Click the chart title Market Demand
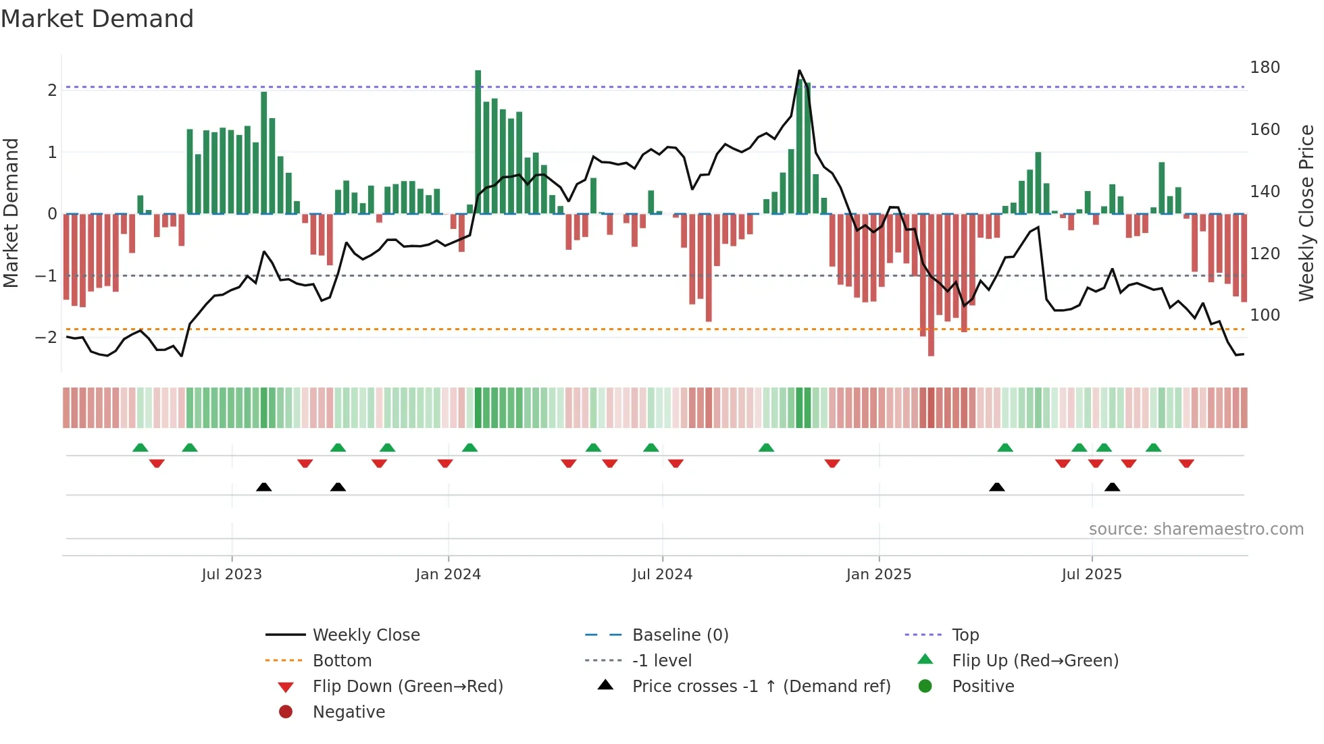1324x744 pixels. [x=97, y=19]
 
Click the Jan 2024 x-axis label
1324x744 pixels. [x=448, y=575]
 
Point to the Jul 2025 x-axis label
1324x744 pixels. [x=1091, y=575]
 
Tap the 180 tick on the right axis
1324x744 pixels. [x=1265, y=68]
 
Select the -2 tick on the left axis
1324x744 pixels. [x=47, y=337]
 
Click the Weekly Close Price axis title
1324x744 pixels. [x=1306, y=213]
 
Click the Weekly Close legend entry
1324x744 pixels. [x=365, y=635]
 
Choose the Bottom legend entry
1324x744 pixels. [x=342, y=661]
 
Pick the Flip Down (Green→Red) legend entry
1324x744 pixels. [x=407, y=687]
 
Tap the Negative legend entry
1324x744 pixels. [x=349, y=712]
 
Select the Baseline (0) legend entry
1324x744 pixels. [x=680, y=635]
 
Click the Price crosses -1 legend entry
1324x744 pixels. [x=761, y=687]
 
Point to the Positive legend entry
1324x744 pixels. [x=982, y=687]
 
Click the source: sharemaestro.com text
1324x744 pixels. [x=1196, y=529]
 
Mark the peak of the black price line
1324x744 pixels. [x=799, y=71]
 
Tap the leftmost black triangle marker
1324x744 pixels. [x=264, y=487]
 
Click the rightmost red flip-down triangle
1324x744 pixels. [x=1186, y=463]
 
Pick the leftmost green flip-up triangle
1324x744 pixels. [x=141, y=448]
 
